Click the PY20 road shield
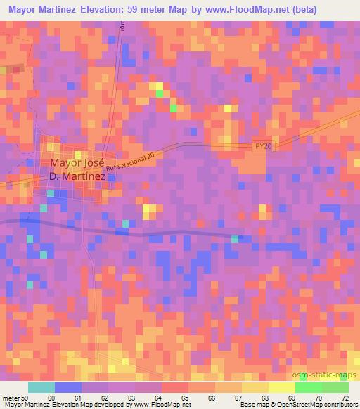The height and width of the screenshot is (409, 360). (x=262, y=145)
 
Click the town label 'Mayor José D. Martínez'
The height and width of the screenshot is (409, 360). (x=77, y=169)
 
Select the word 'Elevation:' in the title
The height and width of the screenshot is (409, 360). (x=133, y=10)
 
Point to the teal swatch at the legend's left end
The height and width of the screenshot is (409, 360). (x=41, y=387)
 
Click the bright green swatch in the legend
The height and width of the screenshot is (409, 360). (x=309, y=387)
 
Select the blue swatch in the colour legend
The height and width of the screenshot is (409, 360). (x=68, y=387)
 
